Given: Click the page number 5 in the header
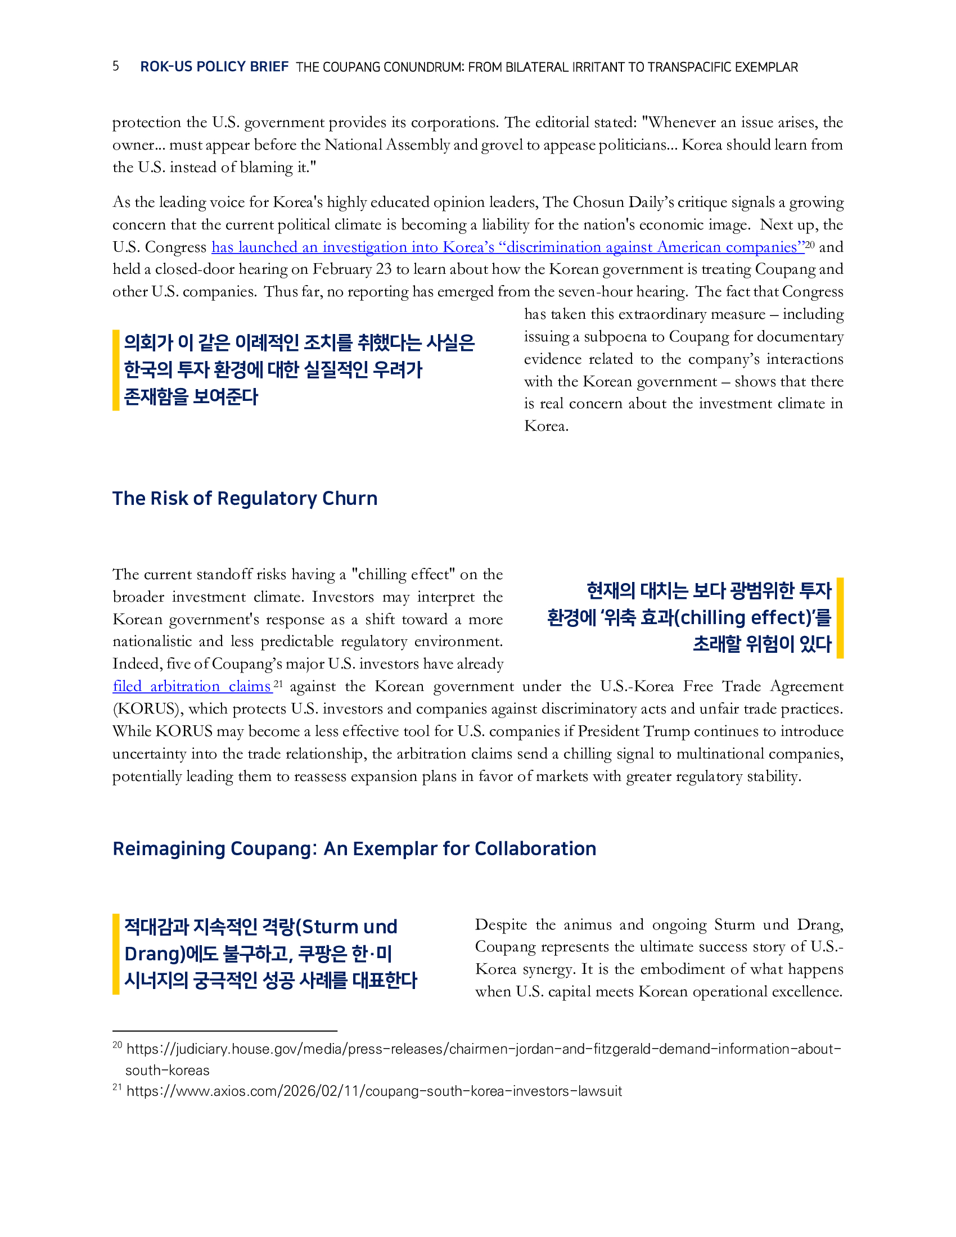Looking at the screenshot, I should (115, 66).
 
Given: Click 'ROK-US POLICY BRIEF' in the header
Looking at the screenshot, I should (214, 67).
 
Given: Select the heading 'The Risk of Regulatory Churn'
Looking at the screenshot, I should (245, 498).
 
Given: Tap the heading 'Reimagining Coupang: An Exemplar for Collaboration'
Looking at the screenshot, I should (354, 848).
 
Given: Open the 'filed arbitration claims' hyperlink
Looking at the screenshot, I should (192, 687).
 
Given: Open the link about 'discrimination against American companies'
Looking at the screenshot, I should (507, 247).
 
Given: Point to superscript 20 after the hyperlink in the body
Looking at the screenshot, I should (810, 245).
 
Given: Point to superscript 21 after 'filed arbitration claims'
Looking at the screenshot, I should (277, 684).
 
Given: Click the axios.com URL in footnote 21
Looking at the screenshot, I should (374, 1091).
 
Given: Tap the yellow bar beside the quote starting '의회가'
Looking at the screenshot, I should (115, 370).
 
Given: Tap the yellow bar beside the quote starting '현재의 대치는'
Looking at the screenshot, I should (840, 617).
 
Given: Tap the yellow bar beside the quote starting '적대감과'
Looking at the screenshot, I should (115, 954).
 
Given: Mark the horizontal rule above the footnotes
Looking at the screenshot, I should (225, 1031).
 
